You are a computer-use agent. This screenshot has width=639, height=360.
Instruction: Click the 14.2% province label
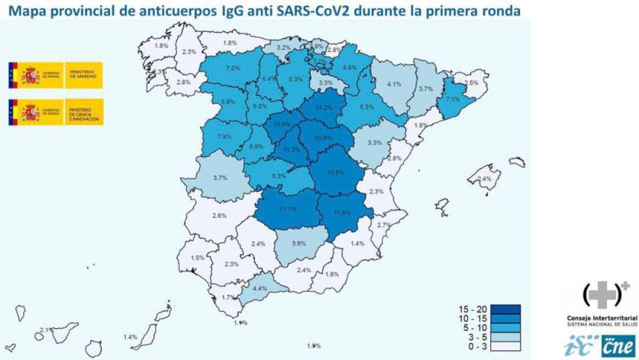[x=324, y=108]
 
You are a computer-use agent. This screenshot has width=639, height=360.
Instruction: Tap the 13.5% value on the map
[x=335, y=173]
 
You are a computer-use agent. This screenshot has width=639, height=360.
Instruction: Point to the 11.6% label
[x=342, y=213]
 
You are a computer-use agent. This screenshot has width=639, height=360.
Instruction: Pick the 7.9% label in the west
[x=225, y=137]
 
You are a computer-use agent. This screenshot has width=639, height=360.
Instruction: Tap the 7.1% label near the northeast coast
[x=453, y=99]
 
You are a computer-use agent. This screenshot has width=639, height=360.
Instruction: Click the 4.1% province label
[x=394, y=84]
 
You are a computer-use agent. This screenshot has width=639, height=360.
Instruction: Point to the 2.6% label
[x=219, y=216]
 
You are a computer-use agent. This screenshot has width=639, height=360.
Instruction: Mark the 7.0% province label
[x=233, y=68]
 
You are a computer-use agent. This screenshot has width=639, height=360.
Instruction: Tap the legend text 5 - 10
[x=472, y=328]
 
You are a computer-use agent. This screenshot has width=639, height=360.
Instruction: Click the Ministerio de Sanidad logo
[x=56, y=75]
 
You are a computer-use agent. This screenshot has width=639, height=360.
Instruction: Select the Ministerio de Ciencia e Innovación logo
[x=56, y=112]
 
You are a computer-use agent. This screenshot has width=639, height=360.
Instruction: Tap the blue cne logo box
[x=618, y=346]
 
